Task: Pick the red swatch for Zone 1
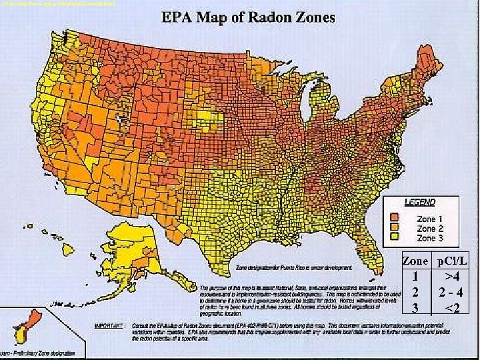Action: click(x=395, y=217)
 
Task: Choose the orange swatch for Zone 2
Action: click(x=395, y=227)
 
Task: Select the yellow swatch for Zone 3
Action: click(x=395, y=236)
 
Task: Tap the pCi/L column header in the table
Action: click(x=453, y=262)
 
